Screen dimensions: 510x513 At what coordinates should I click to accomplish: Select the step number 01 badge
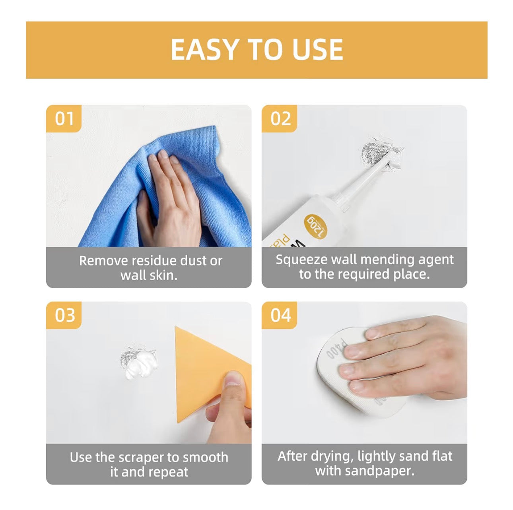tap(64, 118)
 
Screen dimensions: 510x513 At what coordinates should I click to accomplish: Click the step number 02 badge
tap(280, 118)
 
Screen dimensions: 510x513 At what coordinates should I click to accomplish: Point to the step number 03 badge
tap(64, 315)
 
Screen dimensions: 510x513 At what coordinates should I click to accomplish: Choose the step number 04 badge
tap(280, 315)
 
